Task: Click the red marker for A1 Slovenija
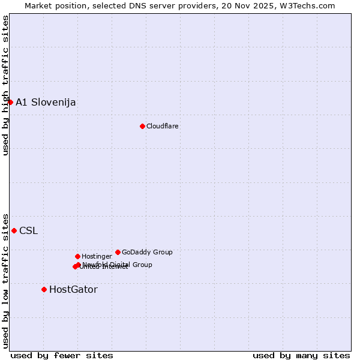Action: (10, 102)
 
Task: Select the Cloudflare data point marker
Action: (142, 126)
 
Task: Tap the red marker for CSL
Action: (14, 230)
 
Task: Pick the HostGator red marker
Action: (44, 289)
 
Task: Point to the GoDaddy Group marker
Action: (118, 252)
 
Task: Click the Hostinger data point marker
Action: (77, 256)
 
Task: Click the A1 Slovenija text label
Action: (46, 102)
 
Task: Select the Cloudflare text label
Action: (163, 126)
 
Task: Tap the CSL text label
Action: (28, 230)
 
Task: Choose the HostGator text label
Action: (73, 289)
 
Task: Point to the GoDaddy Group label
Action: (147, 252)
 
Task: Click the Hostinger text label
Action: (97, 256)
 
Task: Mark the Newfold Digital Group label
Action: (118, 264)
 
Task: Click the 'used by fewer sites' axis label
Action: (62, 355)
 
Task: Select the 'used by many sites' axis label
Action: (301, 355)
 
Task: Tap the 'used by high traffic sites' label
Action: (5, 85)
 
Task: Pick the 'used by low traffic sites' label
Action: (5, 280)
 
